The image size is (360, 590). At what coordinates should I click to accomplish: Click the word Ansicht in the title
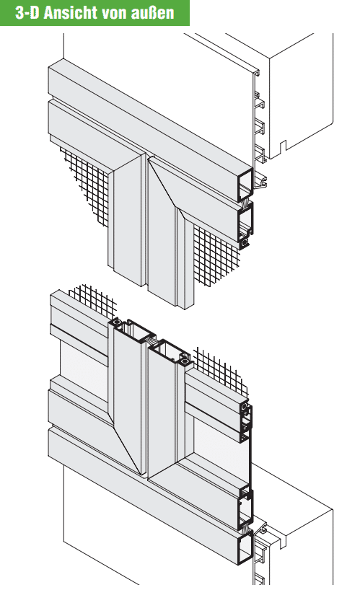(x=74, y=13)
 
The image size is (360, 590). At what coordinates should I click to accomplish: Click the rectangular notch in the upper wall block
(x=283, y=145)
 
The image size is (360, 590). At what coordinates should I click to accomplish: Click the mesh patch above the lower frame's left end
(x=93, y=300)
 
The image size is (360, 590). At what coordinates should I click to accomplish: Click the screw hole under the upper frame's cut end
(x=245, y=243)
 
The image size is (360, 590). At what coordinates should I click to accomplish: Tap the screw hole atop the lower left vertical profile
(x=115, y=323)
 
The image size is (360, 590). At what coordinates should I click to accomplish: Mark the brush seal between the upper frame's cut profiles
(x=245, y=203)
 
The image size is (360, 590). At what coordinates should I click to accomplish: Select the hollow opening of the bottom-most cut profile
(x=245, y=548)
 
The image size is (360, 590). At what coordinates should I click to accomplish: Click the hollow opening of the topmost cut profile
(x=245, y=185)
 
